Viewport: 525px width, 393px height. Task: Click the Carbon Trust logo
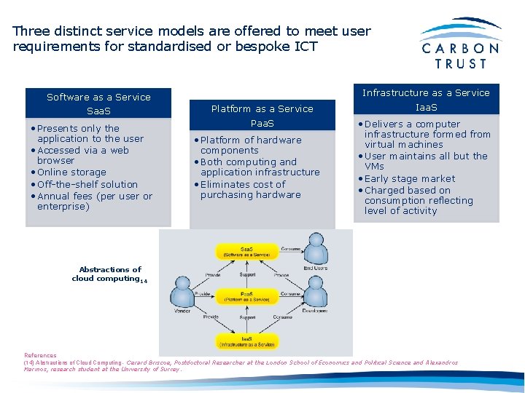[x=460, y=44]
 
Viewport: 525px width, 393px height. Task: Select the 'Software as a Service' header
[x=98, y=98]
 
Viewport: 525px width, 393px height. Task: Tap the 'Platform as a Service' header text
[x=262, y=109]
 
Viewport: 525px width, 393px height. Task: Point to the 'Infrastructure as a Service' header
[x=426, y=93]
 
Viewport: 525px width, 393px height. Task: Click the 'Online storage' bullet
[x=71, y=172]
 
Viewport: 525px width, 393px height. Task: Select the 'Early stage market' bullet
[x=409, y=179]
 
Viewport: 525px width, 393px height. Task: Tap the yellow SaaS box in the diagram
[x=246, y=251]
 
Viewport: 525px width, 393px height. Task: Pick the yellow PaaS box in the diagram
[x=246, y=295]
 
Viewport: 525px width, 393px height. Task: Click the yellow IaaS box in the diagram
[x=246, y=341]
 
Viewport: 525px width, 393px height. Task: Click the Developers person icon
[x=316, y=294]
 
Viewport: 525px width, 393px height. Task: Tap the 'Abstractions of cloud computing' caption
[x=109, y=274]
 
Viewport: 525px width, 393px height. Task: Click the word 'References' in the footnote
[x=40, y=356]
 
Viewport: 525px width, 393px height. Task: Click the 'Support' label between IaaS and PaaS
[x=247, y=317]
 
